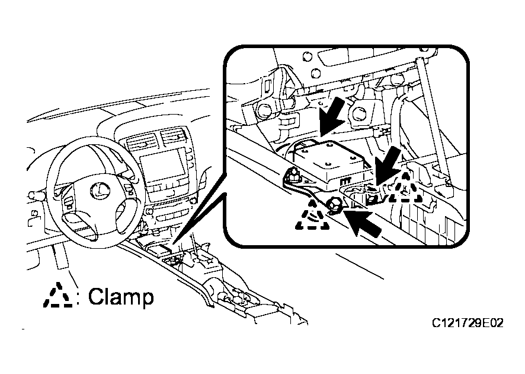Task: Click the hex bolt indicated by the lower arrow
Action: tap(334, 205)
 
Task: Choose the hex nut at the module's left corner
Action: tap(292, 174)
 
